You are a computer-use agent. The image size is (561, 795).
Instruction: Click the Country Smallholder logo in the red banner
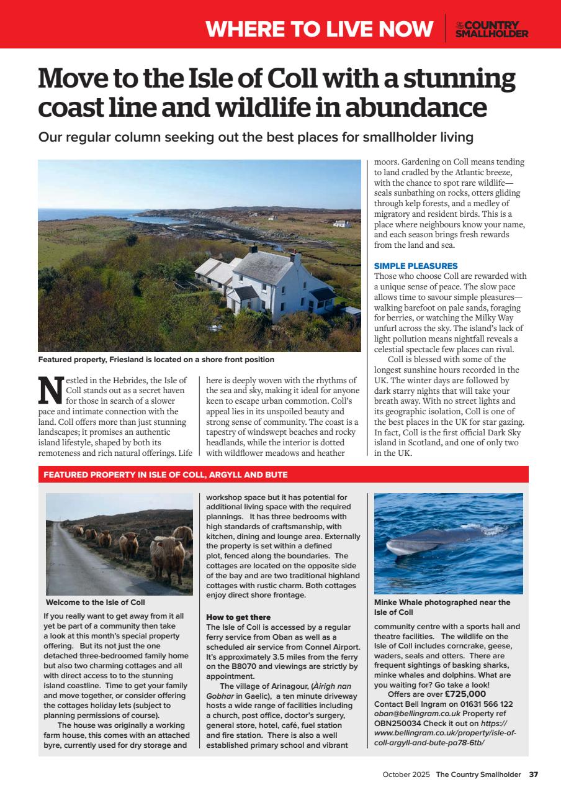coord(491,29)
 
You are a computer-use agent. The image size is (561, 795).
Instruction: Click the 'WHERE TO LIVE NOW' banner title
coord(319,29)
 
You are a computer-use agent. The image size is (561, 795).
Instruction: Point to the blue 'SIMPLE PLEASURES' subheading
coord(416,266)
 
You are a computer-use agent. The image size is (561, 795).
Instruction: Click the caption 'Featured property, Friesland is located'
coord(156,360)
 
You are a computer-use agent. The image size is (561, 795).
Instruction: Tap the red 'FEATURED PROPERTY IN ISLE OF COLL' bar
coord(165,475)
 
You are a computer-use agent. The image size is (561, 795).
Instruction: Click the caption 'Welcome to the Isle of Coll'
coord(96,602)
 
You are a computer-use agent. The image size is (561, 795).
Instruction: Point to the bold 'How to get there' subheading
coord(238,617)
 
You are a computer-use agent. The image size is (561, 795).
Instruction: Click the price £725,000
coord(465,694)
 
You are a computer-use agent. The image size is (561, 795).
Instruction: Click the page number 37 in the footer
coord(534,774)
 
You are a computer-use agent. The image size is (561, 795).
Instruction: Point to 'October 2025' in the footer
coord(406,774)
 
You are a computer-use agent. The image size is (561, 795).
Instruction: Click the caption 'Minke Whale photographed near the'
coord(442,602)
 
